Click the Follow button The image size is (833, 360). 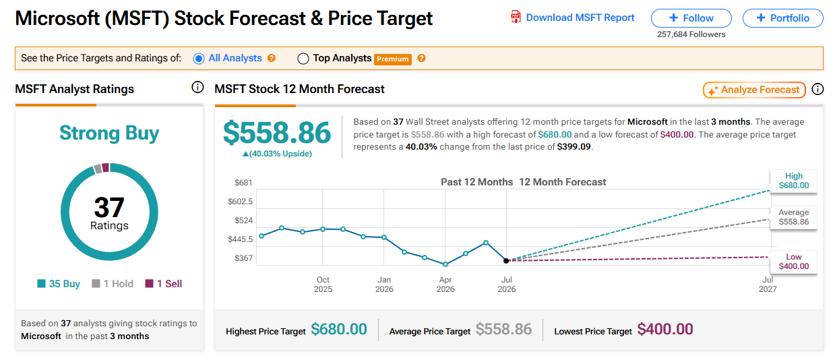coord(691,18)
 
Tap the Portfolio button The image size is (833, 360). coord(783,18)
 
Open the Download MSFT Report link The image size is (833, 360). coord(573,18)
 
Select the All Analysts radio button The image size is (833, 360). coord(199,59)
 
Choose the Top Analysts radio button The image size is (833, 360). coord(303,59)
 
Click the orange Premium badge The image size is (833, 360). coord(393,59)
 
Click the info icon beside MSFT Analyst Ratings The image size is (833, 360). coord(197,88)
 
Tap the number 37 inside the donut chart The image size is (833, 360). coord(109,207)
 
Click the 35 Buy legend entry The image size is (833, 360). coord(59,284)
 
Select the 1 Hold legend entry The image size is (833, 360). coord(113,284)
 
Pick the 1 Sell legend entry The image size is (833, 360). coord(164,284)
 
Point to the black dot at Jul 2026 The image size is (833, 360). coord(506,261)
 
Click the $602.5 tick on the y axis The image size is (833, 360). coord(240,202)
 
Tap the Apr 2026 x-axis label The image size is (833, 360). coord(445,284)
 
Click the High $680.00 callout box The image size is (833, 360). coord(794,181)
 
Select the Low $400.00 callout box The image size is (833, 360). coord(794,262)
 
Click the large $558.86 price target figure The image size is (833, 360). coord(277,132)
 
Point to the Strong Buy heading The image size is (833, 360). coord(109,133)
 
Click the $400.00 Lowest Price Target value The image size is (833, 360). coord(665,330)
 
